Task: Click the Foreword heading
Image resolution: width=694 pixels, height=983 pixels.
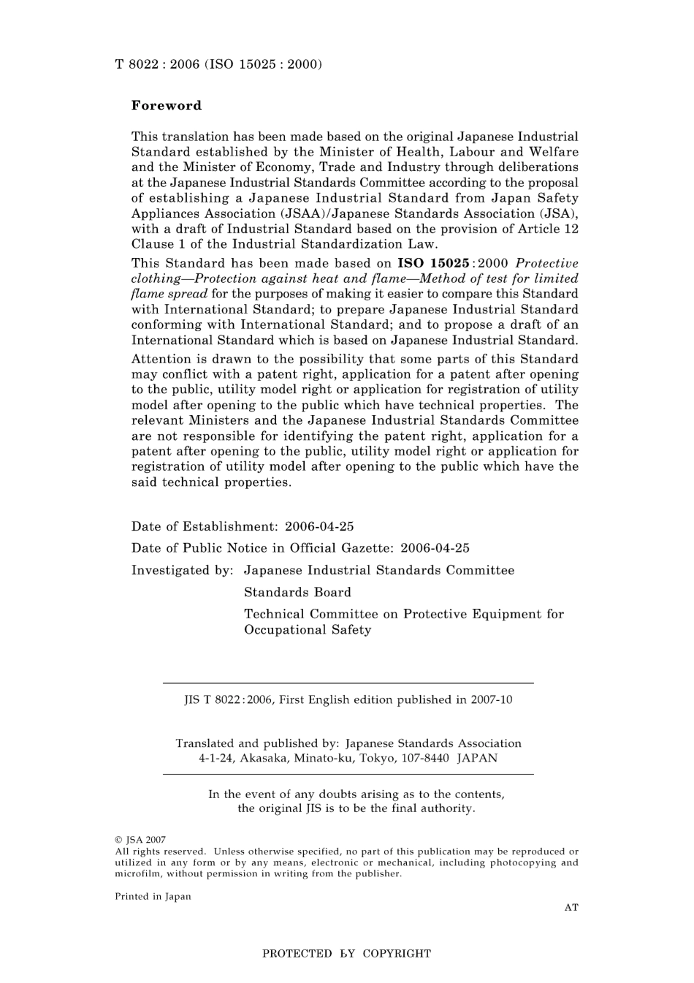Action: (167, 105)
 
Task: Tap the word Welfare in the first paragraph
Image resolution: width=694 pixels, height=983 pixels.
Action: (553, 152)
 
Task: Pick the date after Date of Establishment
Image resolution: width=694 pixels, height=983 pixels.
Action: (319, 526)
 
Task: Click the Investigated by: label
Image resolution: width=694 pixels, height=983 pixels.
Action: (182, 570)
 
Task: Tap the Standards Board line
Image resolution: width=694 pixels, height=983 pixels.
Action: (297, 592)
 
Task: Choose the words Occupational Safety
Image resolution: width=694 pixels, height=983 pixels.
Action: (308, 629)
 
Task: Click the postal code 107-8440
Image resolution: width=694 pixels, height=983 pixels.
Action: (424, 758)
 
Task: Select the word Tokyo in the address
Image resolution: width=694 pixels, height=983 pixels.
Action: (376, 758)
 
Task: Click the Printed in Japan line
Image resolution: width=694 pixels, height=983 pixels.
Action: (153, 897)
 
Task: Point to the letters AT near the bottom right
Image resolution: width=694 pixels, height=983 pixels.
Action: (571, 908)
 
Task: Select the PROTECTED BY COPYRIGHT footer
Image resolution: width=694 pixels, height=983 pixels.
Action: (346, 954)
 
